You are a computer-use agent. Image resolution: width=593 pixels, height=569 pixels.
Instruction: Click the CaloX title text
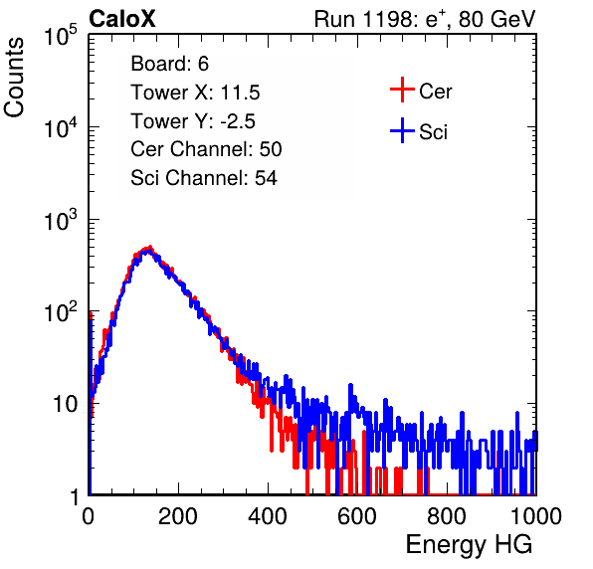pos(122,19)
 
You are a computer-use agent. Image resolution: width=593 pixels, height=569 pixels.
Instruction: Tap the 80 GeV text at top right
pos(497,19)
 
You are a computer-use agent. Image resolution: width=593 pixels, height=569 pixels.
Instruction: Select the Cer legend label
pos(435,92)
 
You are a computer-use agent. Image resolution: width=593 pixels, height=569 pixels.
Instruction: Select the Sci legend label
pos(433,132)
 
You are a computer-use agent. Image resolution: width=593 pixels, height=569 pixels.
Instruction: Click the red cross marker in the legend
pos(402,90)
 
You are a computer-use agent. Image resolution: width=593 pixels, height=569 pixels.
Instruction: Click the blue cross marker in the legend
pos(402,130)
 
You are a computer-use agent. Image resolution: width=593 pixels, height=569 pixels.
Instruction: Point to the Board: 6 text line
pos(169,64)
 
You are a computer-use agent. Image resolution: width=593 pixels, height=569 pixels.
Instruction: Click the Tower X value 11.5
pos(240,93)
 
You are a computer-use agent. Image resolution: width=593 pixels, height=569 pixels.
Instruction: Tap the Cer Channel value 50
pos(271,149)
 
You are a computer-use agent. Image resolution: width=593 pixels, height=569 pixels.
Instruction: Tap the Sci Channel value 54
pos(266,178)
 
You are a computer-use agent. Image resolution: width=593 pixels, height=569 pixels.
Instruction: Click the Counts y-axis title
pos(14,78)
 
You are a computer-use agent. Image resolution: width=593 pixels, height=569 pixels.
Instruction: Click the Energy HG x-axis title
pos(469,545)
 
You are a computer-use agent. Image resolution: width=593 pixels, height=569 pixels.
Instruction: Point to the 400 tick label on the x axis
pos(268,515)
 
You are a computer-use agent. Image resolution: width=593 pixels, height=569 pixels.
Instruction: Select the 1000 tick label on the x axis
pos(536,515)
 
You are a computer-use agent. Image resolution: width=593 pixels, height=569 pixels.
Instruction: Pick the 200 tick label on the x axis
pos(178,515)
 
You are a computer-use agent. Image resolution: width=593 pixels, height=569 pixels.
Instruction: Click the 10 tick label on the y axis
pos(66,404)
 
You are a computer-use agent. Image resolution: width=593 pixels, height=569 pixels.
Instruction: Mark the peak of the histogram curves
pos(150,248)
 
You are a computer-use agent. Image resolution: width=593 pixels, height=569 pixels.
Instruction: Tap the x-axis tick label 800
pos(447,515)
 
